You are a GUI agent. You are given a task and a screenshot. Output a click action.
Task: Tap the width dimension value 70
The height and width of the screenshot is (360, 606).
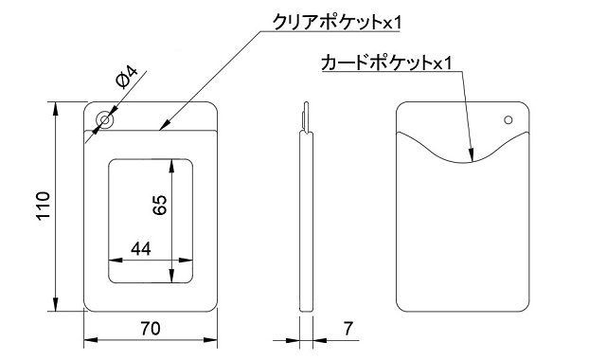[149, 331]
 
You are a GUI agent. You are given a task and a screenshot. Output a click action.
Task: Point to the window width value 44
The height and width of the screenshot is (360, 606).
[141, 249]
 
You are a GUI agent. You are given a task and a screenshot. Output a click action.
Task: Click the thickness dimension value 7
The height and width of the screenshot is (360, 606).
[348, 331]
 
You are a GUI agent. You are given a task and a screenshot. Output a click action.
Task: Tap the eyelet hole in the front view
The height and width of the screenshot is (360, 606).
[103, 122]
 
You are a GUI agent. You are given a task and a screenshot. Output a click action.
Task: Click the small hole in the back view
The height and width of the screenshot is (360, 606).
[508, 120]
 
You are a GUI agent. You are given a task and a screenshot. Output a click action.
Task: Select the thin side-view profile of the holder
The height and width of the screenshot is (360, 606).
[306, 218]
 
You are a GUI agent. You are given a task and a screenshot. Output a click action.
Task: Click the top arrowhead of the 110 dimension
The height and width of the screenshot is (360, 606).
[55, 106]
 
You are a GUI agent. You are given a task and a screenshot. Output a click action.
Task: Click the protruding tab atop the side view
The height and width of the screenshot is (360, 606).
[306, 114]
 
